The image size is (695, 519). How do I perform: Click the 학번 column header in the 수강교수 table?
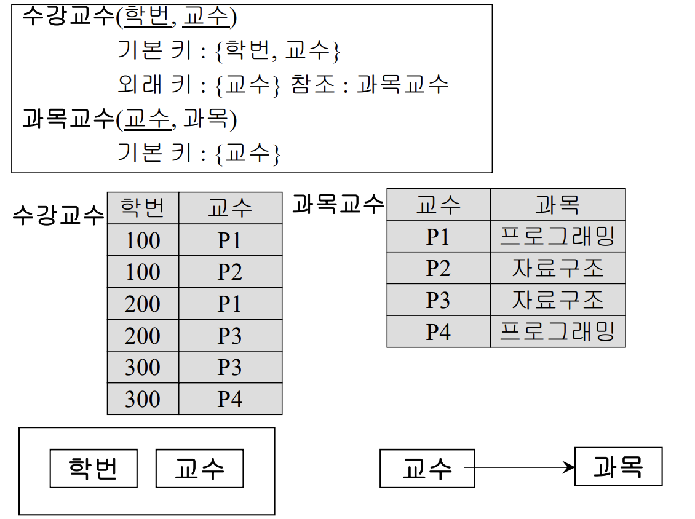pyautogui.click(x=143, y=208)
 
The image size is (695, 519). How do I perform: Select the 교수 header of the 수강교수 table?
pyautogui.click(x=230, y=208)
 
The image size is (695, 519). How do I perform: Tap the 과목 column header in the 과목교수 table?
pyautogui.click(x=558, y=204)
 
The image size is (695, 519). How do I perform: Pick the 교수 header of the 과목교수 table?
pyautogui.click(x=439, y=204)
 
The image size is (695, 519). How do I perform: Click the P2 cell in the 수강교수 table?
pyautogui.click(x=230, y=272)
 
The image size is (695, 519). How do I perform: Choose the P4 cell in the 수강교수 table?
pyautogui.click(x=230, y=399)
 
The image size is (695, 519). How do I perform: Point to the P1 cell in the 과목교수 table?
pyautogui.click(x=439, y=236)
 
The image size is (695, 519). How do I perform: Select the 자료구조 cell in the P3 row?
pyautogui.click(x=558, y=299)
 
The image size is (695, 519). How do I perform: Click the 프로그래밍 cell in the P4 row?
pyautogui.click(x=558, y=331)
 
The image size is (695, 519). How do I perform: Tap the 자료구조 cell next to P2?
pyautogui.click(x=558, y=268)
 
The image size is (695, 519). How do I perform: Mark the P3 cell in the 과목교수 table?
pyautogui.click(x=439, y=299)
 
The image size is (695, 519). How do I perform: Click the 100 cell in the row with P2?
pyautogui.click(x=143, y=272)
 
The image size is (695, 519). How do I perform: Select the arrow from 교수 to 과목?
pyautogui.click(x=520, y=467)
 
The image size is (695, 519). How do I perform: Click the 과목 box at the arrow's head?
pyautogui.click(x=618, y=467)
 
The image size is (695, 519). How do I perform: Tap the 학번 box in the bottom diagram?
pyautogui.click(x=93, y=469)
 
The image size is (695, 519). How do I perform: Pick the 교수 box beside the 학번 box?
pyautogui.click(x=199, y=469)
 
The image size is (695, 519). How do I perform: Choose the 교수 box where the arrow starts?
pyautogui.click(x=427, y=469)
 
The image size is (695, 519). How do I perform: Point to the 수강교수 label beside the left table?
pyautogui.click(x=58, y=215)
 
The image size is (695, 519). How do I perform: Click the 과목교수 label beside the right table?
pyautogui.click(x=338, y=204)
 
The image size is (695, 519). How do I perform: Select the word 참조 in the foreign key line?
pyautogui.click(x=313, y=84)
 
